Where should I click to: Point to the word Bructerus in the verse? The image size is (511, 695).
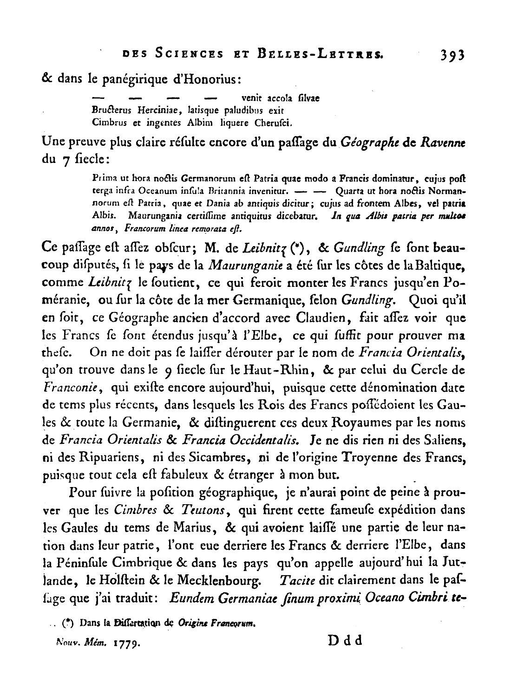[112, 111]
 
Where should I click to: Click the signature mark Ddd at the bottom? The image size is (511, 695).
[345, 641]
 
